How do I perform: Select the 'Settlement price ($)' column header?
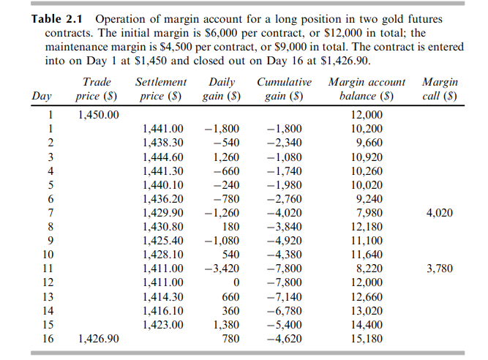(x=161, y=89)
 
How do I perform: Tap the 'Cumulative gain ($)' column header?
(x=285, y=89)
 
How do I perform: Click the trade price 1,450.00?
(x=98, y=115)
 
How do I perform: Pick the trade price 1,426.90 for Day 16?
(x=98, y=339)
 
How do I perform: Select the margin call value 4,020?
(x=438, y=212)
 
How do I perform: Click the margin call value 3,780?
(x=438, y=269)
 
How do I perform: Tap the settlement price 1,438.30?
(x=162, y=142)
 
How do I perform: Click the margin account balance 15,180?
(x=368, y=339)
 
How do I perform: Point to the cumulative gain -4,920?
(x=285, y=240)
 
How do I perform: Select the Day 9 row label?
(x=50, y=240)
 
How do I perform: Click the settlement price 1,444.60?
(x=162, y=157)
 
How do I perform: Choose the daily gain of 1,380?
(x=227, y=324)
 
